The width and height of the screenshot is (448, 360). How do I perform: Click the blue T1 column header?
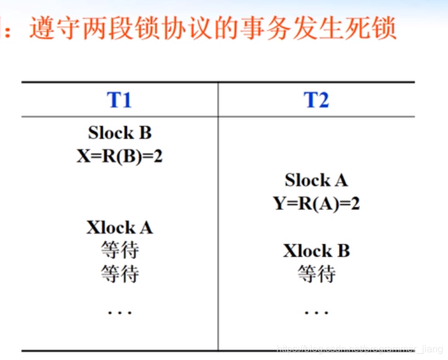119,100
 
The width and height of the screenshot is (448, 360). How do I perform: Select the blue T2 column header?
316,100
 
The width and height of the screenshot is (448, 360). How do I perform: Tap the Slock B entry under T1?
119,133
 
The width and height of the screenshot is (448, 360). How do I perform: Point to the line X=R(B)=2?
119,156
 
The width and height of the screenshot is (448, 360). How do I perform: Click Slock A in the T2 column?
316,180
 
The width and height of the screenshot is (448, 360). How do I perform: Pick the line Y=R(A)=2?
316,204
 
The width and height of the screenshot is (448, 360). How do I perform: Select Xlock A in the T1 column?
119,227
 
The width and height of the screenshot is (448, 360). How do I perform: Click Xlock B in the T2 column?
316,251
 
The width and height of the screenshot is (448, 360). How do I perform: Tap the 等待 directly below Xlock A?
119,250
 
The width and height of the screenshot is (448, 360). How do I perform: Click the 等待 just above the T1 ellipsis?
119,274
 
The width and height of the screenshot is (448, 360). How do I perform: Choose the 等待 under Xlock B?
316,275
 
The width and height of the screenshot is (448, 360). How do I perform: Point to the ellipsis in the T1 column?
119,312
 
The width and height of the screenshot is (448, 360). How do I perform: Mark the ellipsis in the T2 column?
316,312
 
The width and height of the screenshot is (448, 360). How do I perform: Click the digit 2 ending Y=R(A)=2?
355,204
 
